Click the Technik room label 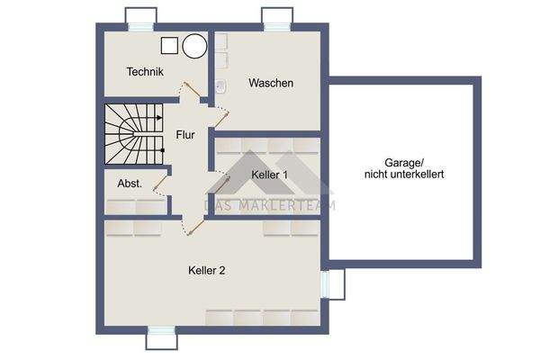(x=145, y=72)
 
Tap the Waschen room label (x=271, y=83)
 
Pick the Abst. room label (x=129, y=183)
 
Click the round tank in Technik (x=193, y=46)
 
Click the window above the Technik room (x=141, y=19)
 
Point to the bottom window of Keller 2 (x=163, y=337)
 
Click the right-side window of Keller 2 (x=336, y=283)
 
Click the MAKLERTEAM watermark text (x=270, y=206)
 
